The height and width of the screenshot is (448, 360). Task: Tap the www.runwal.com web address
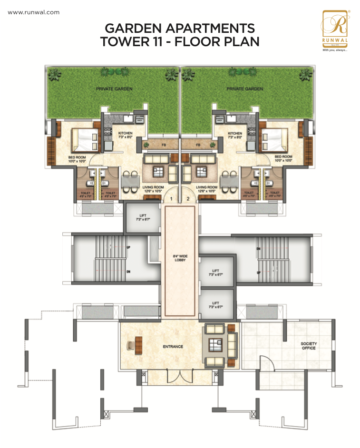point(33,12)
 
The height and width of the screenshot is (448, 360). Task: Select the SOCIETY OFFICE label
point(308,345)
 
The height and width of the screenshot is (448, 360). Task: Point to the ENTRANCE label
point(173,347)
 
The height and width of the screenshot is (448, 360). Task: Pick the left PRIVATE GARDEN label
point(114,88)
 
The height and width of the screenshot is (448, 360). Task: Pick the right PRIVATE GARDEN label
point(244,88)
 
